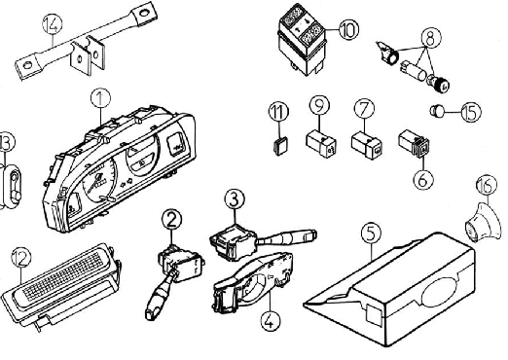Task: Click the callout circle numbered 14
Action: click(53, 23)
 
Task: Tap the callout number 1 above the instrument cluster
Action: click(100, 98)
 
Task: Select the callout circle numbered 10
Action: click(348, 29)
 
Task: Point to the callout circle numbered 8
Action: click(431, 38)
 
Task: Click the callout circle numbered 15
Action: click(471, 112)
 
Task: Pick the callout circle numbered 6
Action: click(423, 178)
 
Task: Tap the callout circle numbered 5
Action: click(371, 234)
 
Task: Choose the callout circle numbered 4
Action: click(271, 321)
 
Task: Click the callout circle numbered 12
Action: click(21, 258)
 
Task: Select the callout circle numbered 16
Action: click(487, 185)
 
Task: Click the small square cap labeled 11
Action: click(280, 146)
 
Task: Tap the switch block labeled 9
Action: click(321, 143)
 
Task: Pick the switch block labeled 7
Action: click(367, 145)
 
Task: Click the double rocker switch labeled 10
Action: click(302, 40)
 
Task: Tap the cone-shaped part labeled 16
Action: click(483, 223)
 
